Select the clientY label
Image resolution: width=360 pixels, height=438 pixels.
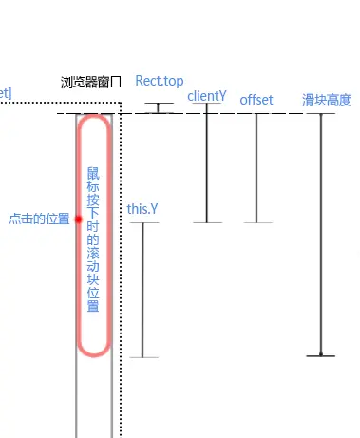(x=206, y=95)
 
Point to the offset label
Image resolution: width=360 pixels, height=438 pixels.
(x=256, y=99)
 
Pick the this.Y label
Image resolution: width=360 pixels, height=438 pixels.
(x=142, y=208)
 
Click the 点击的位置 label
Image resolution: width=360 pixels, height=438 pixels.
(x=39, y=219)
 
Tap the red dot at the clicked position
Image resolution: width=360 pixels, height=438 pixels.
(x=79, y=219)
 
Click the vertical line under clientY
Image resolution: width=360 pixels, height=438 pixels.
(x=206, y=166)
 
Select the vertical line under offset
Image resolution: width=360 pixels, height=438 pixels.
(x=256, y=169)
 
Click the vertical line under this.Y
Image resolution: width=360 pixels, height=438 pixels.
(x=142, y=290)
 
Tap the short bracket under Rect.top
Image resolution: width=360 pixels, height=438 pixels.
(x=160, y=107)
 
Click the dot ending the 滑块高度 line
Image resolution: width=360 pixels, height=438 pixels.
(x=321, y=355)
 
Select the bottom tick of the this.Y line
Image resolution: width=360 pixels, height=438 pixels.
(x=142, y=357)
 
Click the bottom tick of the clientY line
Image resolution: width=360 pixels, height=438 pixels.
(x=206, y=222)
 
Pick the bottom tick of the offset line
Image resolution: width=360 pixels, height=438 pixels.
(x=256, y=222)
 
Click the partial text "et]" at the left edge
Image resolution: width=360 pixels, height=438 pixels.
(x=5, y=92)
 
